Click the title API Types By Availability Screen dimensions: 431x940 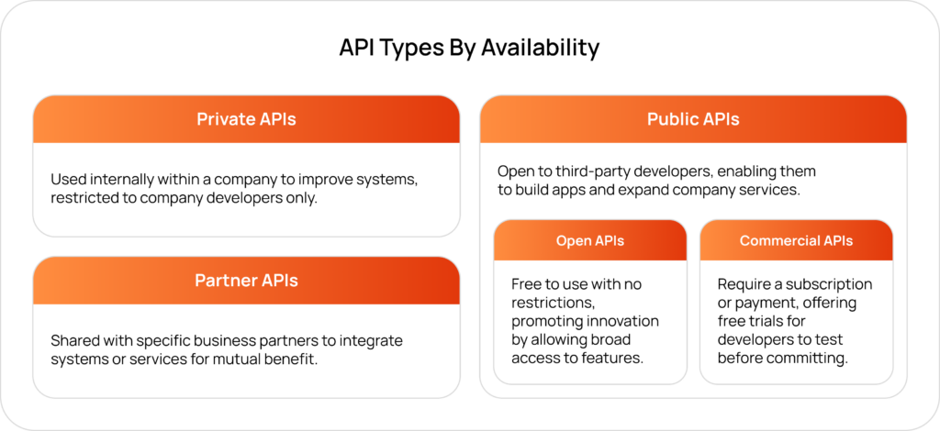tap(469, 47)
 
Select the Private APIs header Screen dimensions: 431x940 tap(246, 119)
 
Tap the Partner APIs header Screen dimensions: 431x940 tap(246, 281)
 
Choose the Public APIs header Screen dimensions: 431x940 tap(693, 119)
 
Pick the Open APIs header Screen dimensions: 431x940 tap(589, 241)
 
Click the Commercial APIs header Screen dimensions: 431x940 tap(796, 241)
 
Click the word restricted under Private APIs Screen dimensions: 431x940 tap(85, 198)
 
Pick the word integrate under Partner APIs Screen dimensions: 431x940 tap(371, 341)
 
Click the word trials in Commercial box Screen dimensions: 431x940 tap(767, 321)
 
